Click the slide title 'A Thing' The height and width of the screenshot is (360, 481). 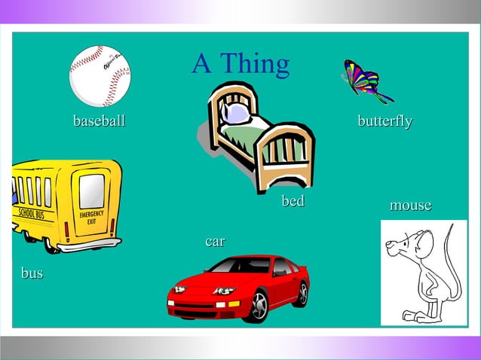click(x=240, y=64)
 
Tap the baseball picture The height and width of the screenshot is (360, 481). click(x=100, y=75)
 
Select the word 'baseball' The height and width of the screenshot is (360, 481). click(x=99, y=121)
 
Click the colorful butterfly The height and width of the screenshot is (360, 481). click(x=364, y=81)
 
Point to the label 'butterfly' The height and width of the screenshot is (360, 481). click(x=384, y=121)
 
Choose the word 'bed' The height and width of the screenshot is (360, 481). click(x=293, y=201)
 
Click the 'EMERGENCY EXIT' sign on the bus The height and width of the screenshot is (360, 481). click(x=91, y=218)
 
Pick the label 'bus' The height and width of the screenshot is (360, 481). click(x=32, y=273)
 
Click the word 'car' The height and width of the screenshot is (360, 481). click(x=215, y=241)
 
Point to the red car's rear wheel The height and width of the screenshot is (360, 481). click(x=302, y=293)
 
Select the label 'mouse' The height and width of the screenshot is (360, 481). click(x=410, y=205)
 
